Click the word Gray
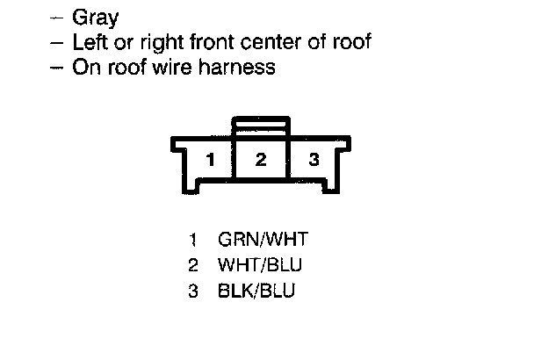tap(97, 18)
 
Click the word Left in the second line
tap(90, 41)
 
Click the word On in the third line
tap(85, 67)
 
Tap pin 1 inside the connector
tap(210, 160)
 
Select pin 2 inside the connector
tap(261, 160)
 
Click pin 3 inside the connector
tap(314, 160)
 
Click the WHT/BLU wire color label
tap(262, 264)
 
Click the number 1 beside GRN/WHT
tap(193, 239)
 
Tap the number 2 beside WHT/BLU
tap(193, 264)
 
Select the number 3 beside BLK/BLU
tap(193, 291)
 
